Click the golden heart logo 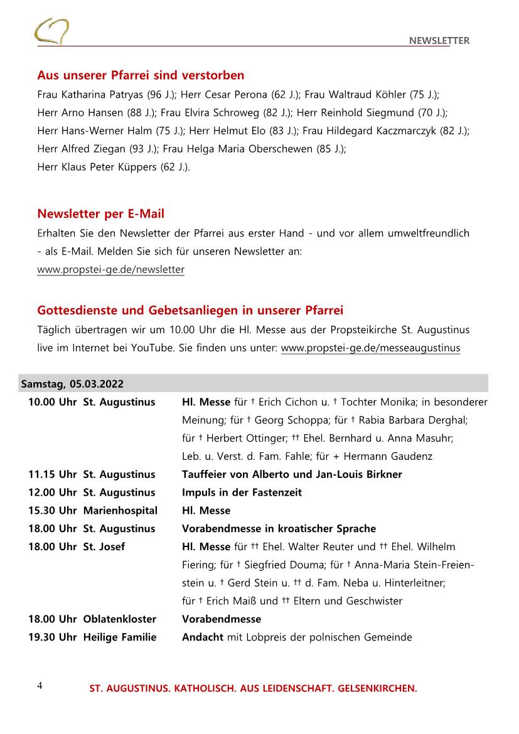51,31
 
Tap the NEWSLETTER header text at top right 439,41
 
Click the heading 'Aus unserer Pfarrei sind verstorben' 141,76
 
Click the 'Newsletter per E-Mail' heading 101,215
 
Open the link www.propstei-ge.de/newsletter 111,270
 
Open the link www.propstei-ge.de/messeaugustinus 370,348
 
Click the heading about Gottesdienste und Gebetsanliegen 190,311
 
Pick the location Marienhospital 120,511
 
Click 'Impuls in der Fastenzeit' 242,492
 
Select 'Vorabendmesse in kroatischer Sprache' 279,529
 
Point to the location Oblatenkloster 120,619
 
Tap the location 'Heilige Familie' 120,637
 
